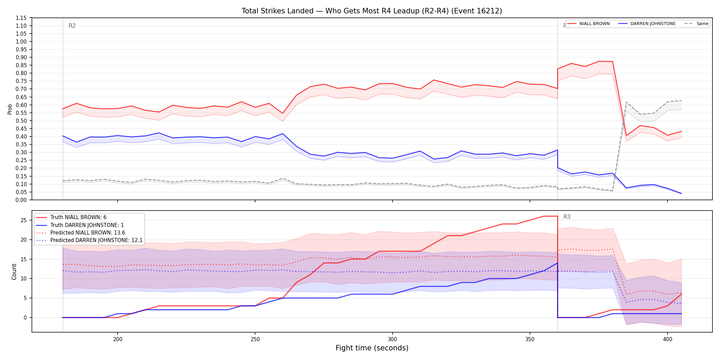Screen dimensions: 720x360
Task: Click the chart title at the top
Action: click(x=372, y=11)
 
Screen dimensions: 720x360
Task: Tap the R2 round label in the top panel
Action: click(x=72, y=26)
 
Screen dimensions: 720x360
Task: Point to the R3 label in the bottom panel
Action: click(x=567, y=217)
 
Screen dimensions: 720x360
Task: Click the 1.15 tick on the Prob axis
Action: click(x=21, y=18)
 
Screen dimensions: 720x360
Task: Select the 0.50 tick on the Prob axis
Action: click(x=21, y=121)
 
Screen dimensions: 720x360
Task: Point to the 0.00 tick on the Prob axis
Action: click(x=21, y=200)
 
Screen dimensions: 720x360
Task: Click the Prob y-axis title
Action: click(x=10, y=109)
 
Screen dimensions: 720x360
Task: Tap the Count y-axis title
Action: click(x=14, y=272)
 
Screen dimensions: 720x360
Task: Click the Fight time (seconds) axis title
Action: click(x=372, y=348)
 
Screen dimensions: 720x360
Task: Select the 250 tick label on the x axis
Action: click(x=255, y=339)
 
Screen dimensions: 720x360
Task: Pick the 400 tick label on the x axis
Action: click(x=668, y=339)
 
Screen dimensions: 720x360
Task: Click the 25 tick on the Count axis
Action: click(x=24, y=220)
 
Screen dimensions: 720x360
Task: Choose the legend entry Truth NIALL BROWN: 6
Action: click(x=78, y=217)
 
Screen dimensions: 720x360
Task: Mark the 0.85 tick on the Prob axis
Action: click(x=21, y=65)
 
